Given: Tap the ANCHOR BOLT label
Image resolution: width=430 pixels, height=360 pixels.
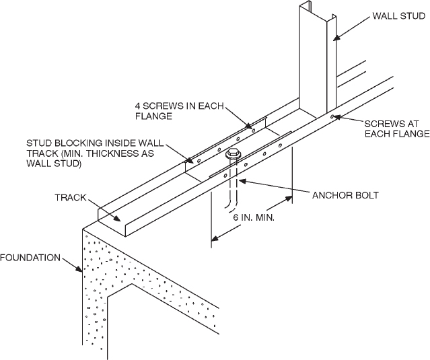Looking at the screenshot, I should pyautogui.click(x=345, y=196).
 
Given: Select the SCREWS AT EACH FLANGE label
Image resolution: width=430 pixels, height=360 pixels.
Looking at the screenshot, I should pyautogui.click(x=396, y=129).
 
